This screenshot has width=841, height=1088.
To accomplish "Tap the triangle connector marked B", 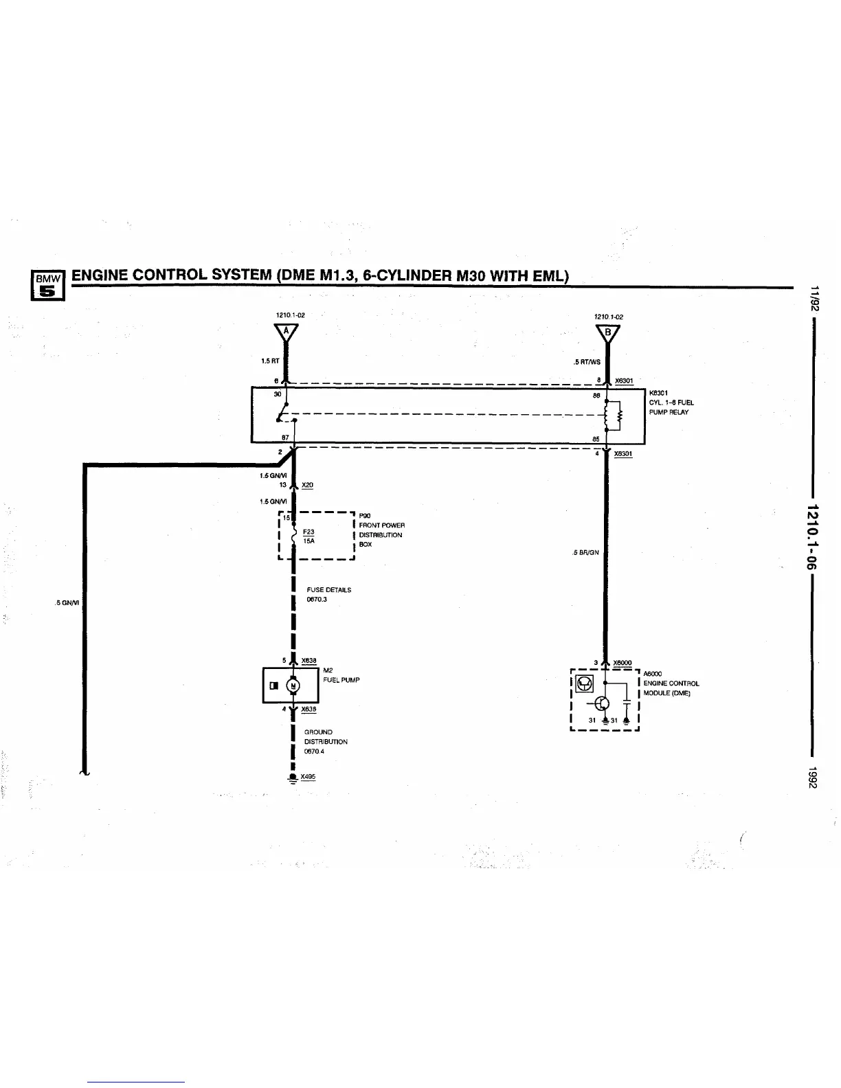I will tap(607, 334).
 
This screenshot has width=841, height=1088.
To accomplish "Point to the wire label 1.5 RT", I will tap(270, 361).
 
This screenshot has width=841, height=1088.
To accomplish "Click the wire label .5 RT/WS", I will tap(587, 362).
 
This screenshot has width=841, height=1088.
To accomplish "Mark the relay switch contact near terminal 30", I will tap(282, 411).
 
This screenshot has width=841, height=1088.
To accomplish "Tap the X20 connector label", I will tap(308, 485).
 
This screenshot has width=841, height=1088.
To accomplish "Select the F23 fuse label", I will tap(309, 532).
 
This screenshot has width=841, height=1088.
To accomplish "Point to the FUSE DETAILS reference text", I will tap(328, 590).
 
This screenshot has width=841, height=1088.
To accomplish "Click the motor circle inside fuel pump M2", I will tap(293, 685).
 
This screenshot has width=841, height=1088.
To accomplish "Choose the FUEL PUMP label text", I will tap(341, 680).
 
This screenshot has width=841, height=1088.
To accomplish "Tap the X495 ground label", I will tap(308, 777).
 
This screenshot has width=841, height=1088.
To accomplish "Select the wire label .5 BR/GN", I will tap(586, 552).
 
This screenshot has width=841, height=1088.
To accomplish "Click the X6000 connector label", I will tap(622, 663).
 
